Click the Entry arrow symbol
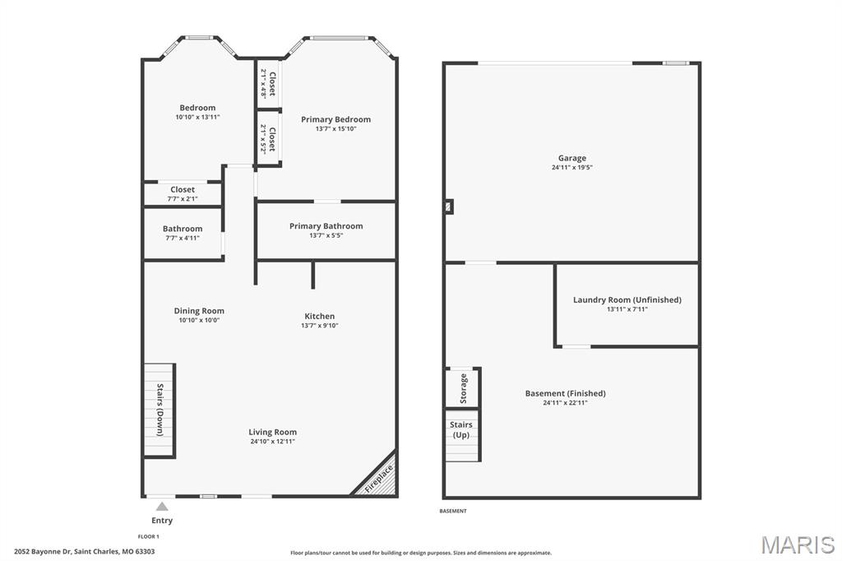[162, 507]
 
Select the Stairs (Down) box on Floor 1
[160, 410]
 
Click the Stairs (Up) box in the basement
[461, 434]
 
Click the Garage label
[572, 158]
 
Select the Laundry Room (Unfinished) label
[627, 299]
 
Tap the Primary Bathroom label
[326, 226]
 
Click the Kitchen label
[319, 316]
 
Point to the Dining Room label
[199, 311]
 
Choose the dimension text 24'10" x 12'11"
[273, 442]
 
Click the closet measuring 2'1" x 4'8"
[268, 84]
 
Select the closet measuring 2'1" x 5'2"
[268, 138]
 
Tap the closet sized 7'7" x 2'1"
[183, 193]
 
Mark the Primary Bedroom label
[335, 119]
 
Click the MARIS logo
[798, 544]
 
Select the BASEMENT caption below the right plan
[453, 511]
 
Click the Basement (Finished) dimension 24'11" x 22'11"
[565, 402]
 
